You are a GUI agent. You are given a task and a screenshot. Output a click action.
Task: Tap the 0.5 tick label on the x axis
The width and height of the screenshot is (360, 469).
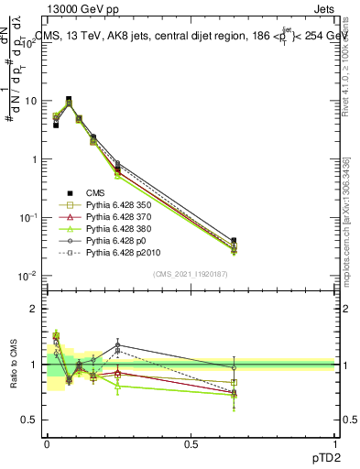click(x=191, y=445)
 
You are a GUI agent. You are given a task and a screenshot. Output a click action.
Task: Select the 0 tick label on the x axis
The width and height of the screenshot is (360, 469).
click(x=47, y=445)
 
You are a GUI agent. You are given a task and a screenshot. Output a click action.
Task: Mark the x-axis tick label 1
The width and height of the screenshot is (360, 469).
click(x=334, y=445)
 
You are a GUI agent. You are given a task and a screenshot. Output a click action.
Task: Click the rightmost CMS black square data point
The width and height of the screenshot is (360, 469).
click(x=234, y=241)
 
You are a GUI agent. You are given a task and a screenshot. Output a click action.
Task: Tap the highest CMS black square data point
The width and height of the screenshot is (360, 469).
click(x=69, y=99)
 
